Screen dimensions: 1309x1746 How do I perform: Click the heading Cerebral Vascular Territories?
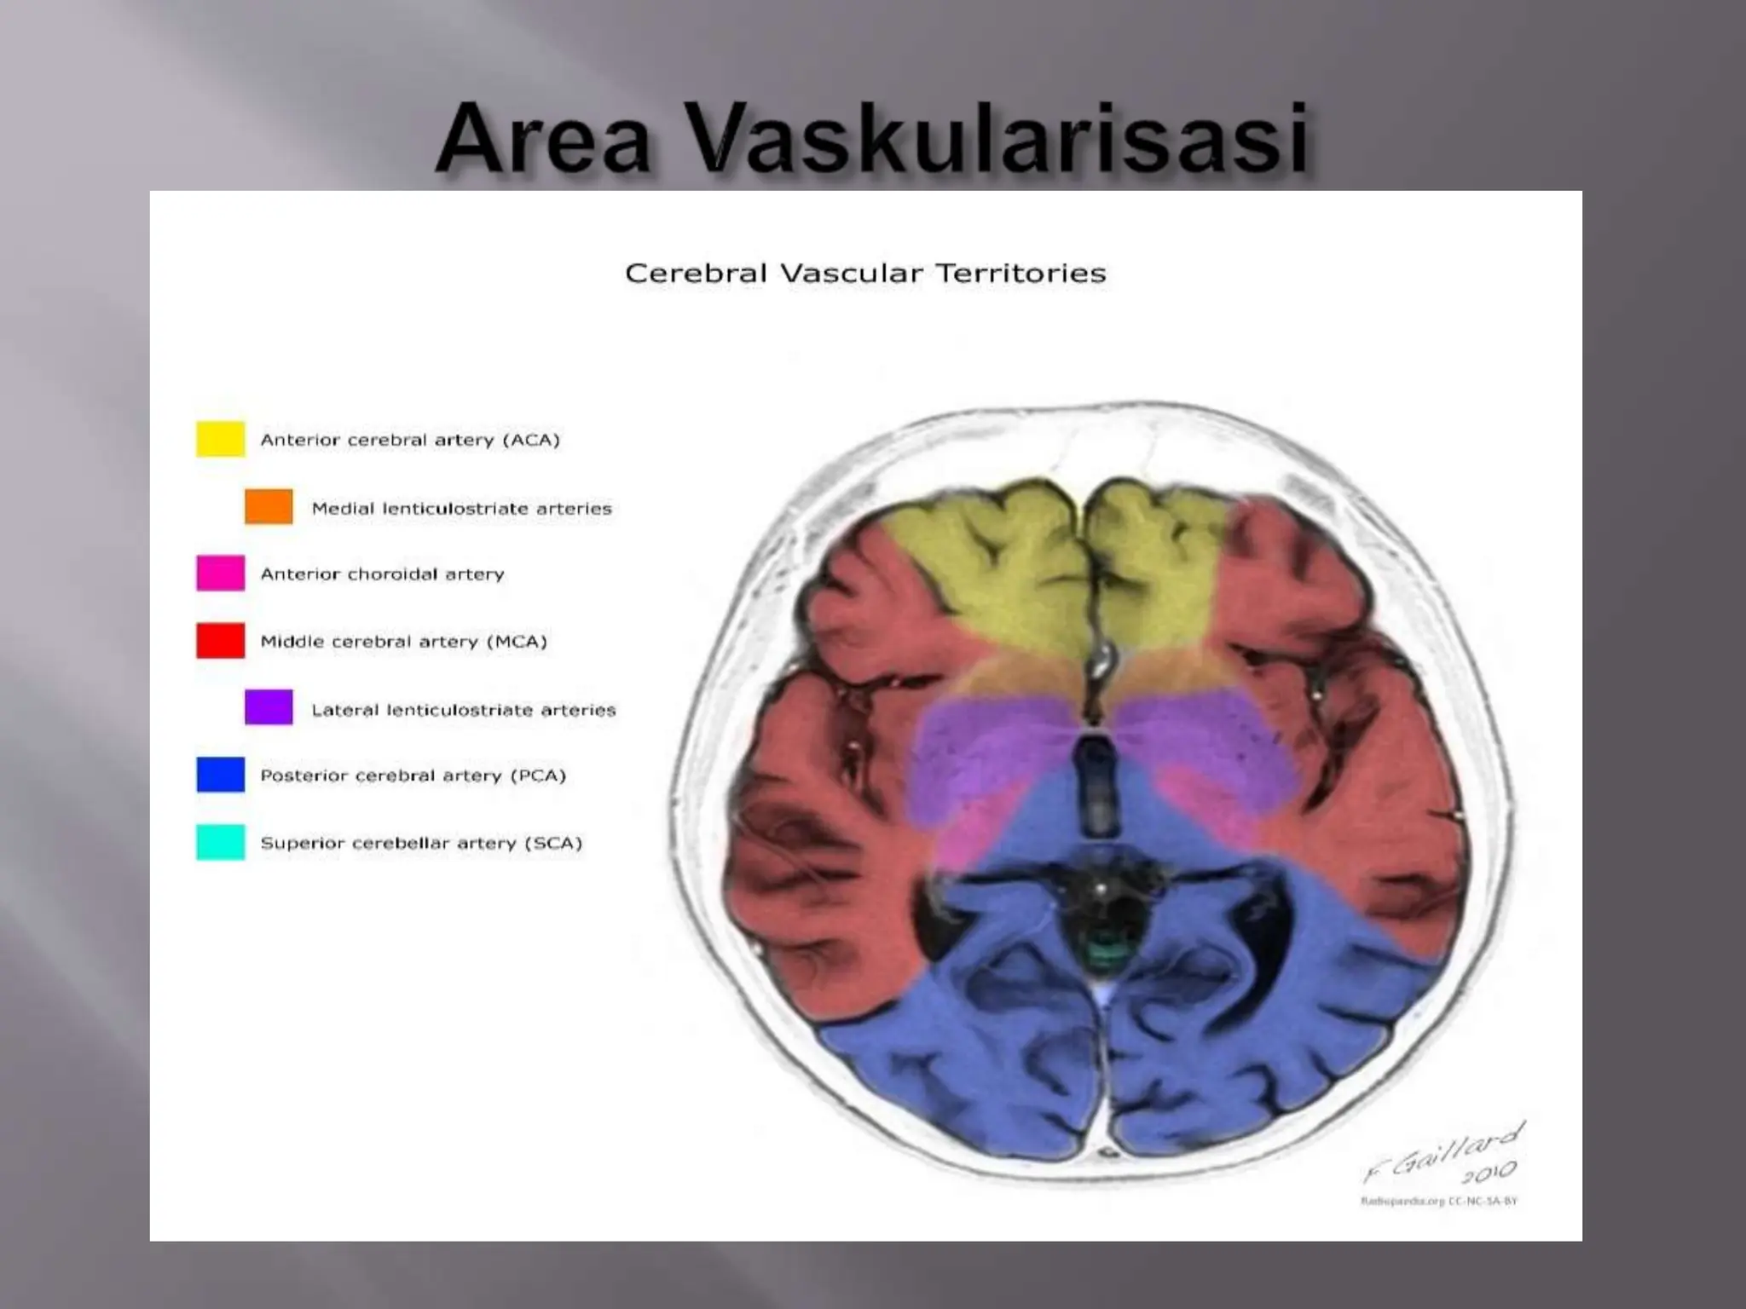coord(865,274)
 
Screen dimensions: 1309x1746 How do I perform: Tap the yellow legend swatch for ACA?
coord(221,439)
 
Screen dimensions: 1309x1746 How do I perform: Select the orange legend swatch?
coord(269,506)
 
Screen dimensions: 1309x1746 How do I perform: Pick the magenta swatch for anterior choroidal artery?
coord(221,573)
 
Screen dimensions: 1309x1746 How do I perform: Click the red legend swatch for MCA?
coord(221,641)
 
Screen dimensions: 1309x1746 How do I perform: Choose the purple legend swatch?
coord(269,707)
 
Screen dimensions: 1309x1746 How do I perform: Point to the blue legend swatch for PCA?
coord(221,775)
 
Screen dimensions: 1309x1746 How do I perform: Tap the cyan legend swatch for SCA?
coord(221,842)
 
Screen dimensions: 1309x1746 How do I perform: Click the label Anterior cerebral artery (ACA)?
coord(410,440)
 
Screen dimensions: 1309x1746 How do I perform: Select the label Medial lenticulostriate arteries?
coord(461,509)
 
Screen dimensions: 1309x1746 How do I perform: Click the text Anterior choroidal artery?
coord(382,574)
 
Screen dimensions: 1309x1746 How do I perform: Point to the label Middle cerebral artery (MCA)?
coord(403,642)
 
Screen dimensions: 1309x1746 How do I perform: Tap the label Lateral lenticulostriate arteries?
coord(463,710)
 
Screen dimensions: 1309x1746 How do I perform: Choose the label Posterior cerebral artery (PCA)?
coord(413,776)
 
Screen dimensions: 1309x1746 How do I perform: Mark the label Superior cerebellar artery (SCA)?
coord(421,843)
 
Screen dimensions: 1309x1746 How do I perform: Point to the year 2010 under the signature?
coord(1489,1173)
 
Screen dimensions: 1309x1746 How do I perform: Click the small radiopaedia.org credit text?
coord(1438,1202)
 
